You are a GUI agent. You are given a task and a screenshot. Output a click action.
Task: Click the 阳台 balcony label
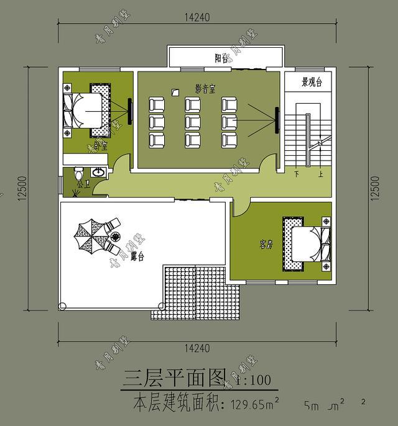221,58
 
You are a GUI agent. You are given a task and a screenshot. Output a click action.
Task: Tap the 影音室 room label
205,89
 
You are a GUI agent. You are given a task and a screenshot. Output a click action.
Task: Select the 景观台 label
310,83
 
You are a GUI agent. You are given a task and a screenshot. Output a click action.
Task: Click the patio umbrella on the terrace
89,235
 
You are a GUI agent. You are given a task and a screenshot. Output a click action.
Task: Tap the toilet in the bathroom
79,173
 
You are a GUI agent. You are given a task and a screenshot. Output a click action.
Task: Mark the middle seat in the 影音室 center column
192,120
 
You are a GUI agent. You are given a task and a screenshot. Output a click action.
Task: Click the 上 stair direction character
320,175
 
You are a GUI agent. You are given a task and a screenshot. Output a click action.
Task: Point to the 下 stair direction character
297,175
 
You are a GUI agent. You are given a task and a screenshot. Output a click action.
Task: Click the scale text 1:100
253,378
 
